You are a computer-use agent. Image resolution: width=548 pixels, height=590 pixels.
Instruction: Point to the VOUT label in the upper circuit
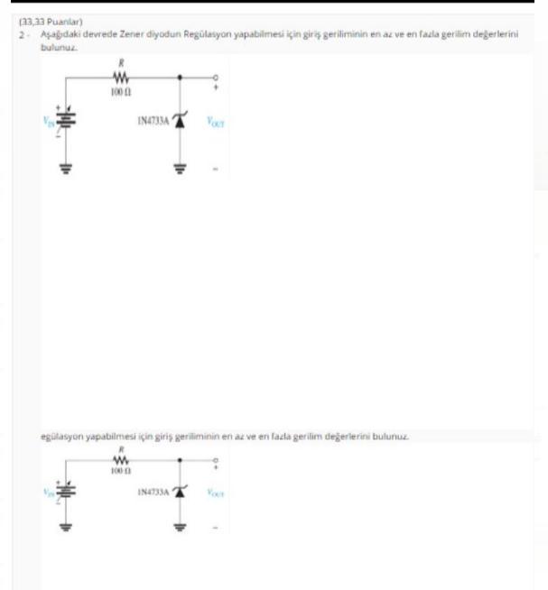[x=216, y=121]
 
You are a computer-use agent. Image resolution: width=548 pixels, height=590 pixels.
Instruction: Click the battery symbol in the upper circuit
[x=64, y=121]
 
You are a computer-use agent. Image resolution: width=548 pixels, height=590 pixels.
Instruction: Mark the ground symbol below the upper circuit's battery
[x=64, y=166]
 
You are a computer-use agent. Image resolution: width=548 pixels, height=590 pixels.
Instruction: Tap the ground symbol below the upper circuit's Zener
[x=179, y=166]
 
